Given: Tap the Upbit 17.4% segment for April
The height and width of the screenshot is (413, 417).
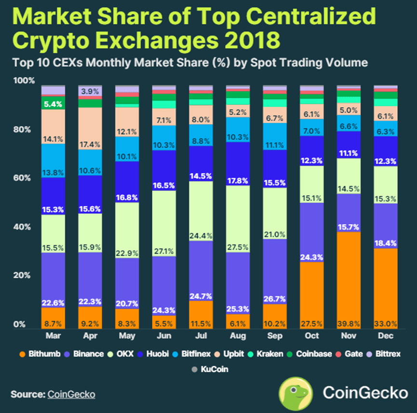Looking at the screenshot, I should pyautogui.click(x=90, y=128).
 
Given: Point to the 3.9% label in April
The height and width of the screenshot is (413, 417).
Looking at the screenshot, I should pyautogui.click(x=90, y=91).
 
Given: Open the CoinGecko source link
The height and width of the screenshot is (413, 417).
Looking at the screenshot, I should pyautogui.click(x=71, y=394).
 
